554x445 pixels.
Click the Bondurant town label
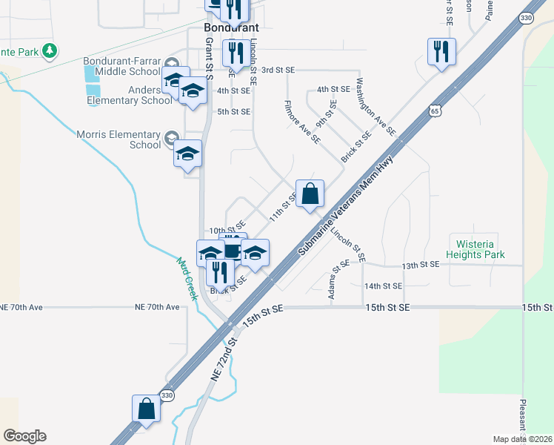tap(230, 27)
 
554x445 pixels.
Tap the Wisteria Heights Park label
tap(475, 248)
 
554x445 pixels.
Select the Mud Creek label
tap(187, 279)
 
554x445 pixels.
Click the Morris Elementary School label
tap(119, 139)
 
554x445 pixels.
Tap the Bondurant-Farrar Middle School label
tap(121, 66)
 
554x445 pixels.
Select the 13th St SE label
tap(421, 265)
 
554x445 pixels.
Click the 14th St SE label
tap(383, 286)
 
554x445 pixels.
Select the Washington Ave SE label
tap(376, 107)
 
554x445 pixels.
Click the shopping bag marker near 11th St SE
tap(310, 194)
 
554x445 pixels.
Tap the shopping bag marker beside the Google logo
tap(146, 409)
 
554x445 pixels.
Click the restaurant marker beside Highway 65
tap(441, 52)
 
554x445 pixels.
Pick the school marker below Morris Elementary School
tap(187, 154)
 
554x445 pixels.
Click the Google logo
tap(24, 436)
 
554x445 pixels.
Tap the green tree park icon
tap(50, 51)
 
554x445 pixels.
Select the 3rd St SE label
tap(278, 70)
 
